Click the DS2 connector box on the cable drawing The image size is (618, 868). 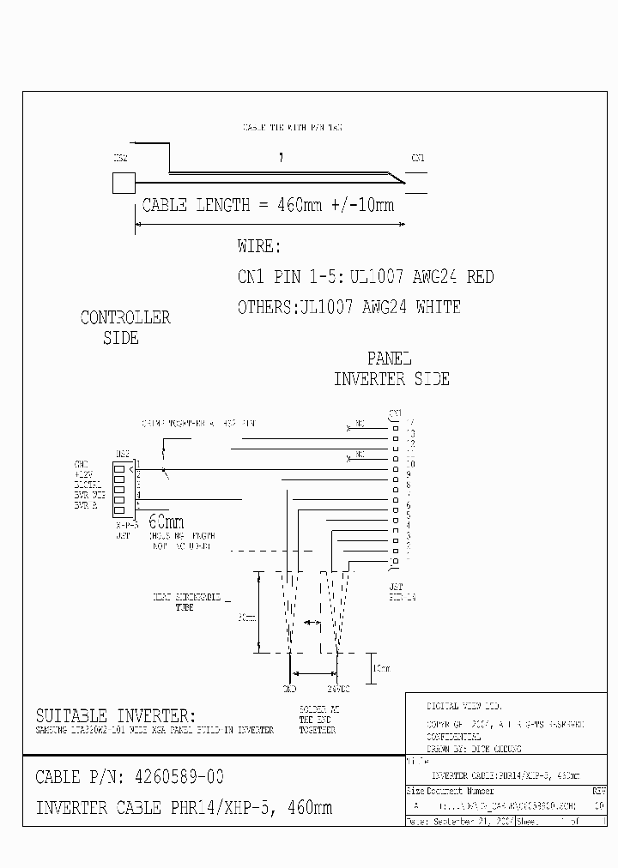click(124, 183)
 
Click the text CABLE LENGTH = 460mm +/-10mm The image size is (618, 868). click(268, 206)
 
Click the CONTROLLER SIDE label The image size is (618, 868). click(124, 328)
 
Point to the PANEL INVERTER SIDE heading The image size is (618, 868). click(391, 369)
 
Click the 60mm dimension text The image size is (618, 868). click(166, 521)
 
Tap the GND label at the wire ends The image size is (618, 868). click(289, 688)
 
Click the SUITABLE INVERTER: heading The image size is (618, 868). click(115, 715)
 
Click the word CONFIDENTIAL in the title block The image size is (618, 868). click(454, 737)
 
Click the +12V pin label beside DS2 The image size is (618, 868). click(84, 473)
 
